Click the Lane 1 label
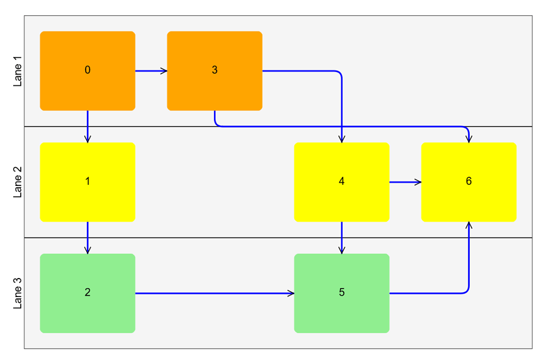pos(17,71)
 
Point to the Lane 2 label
pos(17,182)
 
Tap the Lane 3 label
pos(17,293)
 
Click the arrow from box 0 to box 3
pos(151,71)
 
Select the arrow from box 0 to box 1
pos(87,126)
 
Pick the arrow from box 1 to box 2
pos(87,237)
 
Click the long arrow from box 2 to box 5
pos(214,293)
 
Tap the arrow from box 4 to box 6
pos(405,182)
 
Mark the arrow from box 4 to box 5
pos(341,237)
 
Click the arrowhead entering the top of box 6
pos(469,139)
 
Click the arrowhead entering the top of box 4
pos(341,139)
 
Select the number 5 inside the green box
pos(341,293)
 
